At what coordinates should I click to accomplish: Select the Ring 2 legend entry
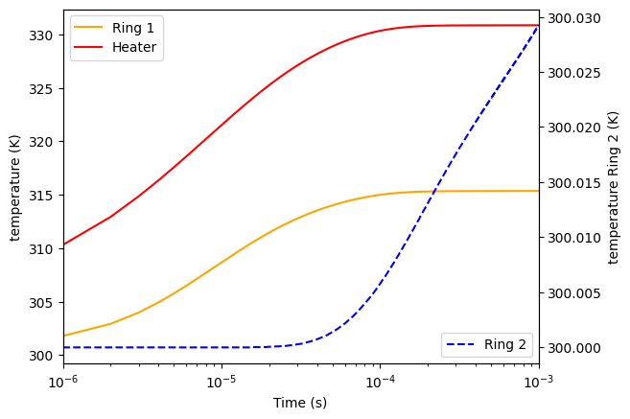pos(506,345)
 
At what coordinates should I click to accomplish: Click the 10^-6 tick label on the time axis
pos(63,382)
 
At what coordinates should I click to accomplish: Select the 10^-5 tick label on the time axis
pos(222,382)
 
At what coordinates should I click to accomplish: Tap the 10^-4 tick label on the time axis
pos(380,382)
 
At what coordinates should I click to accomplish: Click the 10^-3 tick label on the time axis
pos(538,382)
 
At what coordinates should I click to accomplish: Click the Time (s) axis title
pos(300,403)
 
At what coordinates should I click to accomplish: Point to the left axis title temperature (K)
pos(15,187)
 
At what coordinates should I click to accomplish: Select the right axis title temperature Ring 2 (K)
pos(615,187)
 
